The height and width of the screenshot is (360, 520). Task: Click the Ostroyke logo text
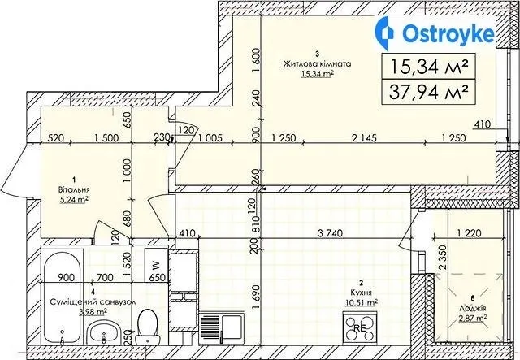(x=448, y=34)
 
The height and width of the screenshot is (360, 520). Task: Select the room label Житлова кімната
(x=317, y=64)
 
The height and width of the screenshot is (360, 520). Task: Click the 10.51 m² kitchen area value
(x=362, y=303)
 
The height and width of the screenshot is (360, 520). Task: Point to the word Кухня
(x=362, y=293)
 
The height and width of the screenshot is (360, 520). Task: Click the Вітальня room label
(x=74, y=190)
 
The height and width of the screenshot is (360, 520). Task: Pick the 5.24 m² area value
(x=74, y=200)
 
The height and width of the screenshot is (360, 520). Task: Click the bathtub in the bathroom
(x=63, y=297)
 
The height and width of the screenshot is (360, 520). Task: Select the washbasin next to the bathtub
(x=103, y=332)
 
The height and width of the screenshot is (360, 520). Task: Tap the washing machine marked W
(x=155, y=266)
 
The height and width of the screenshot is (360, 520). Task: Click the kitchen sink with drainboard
(x=222, y=328)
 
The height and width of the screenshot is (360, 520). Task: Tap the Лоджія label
(x=470, y=309)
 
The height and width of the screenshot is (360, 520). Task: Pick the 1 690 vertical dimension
(x=255, y=297)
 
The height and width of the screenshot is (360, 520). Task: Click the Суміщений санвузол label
(x=93, y=302)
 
